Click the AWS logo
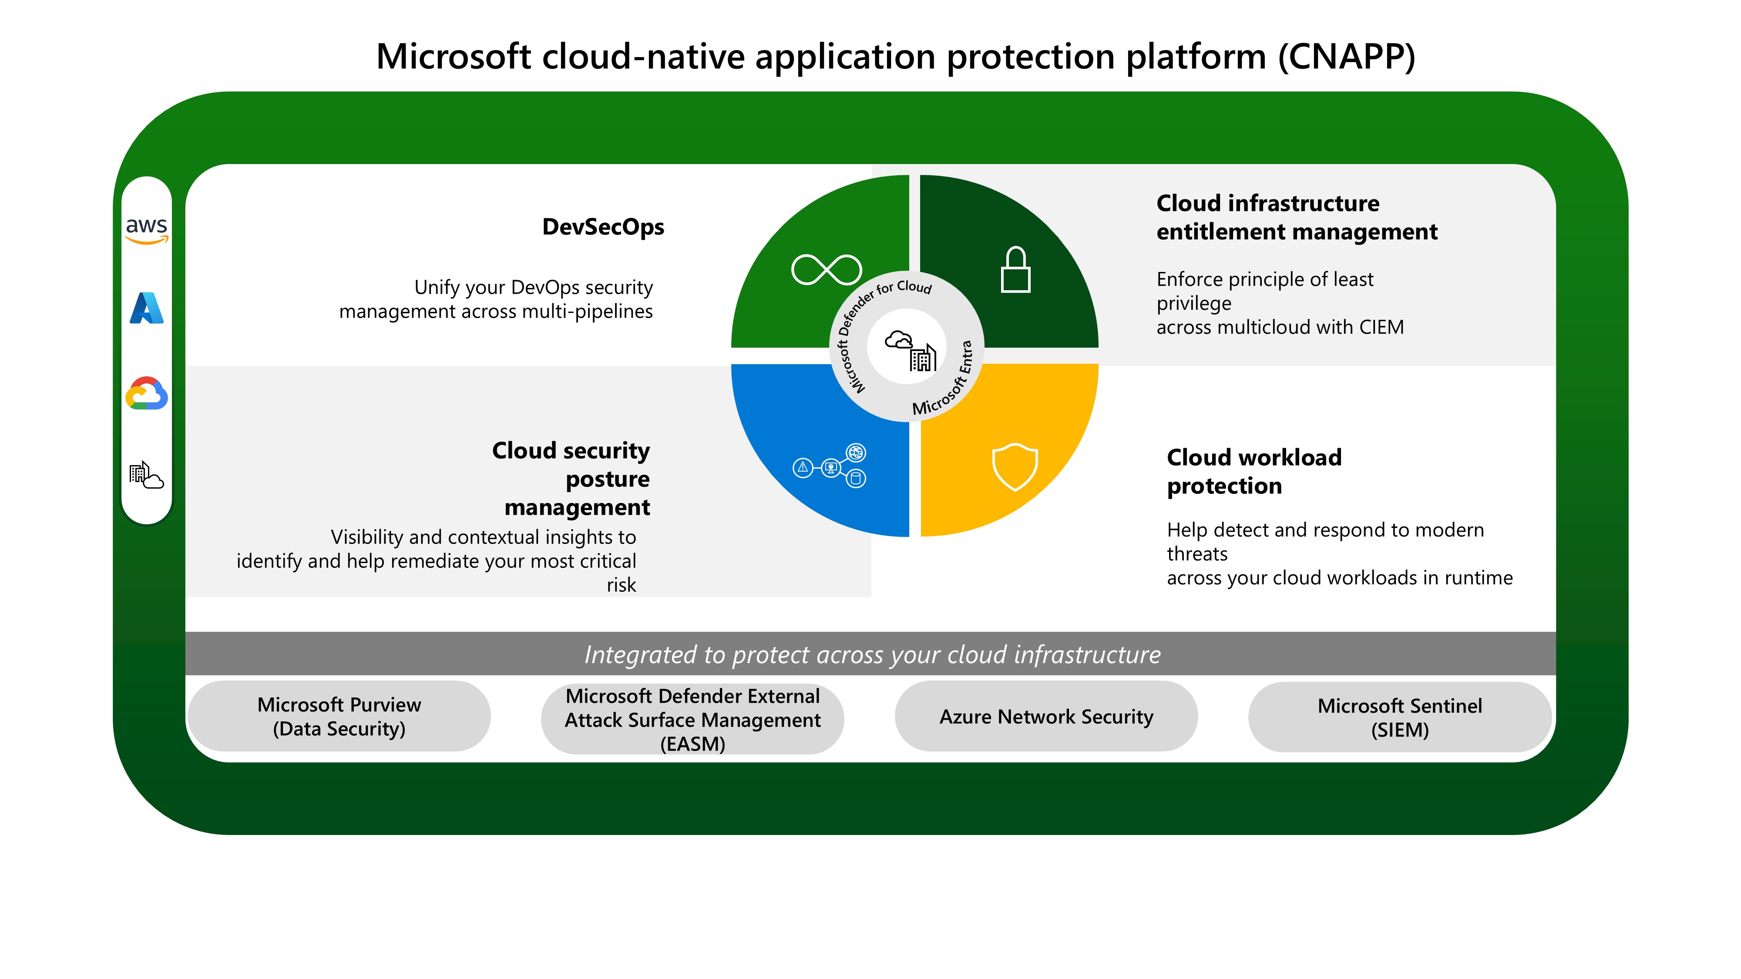pos(147,229)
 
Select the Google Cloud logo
pos(147,393)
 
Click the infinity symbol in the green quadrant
pos(826,270)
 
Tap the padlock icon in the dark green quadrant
pos(1015,270)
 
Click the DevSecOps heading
pos(603,227)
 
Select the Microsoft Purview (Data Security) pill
pos(339,716)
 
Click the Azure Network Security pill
pos(1046,716)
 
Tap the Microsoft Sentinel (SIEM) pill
pos(1400,717)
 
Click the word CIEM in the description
pos(1381,327)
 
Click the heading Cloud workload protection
pos(1254,472)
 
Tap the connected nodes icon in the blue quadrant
pos(830,466)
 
